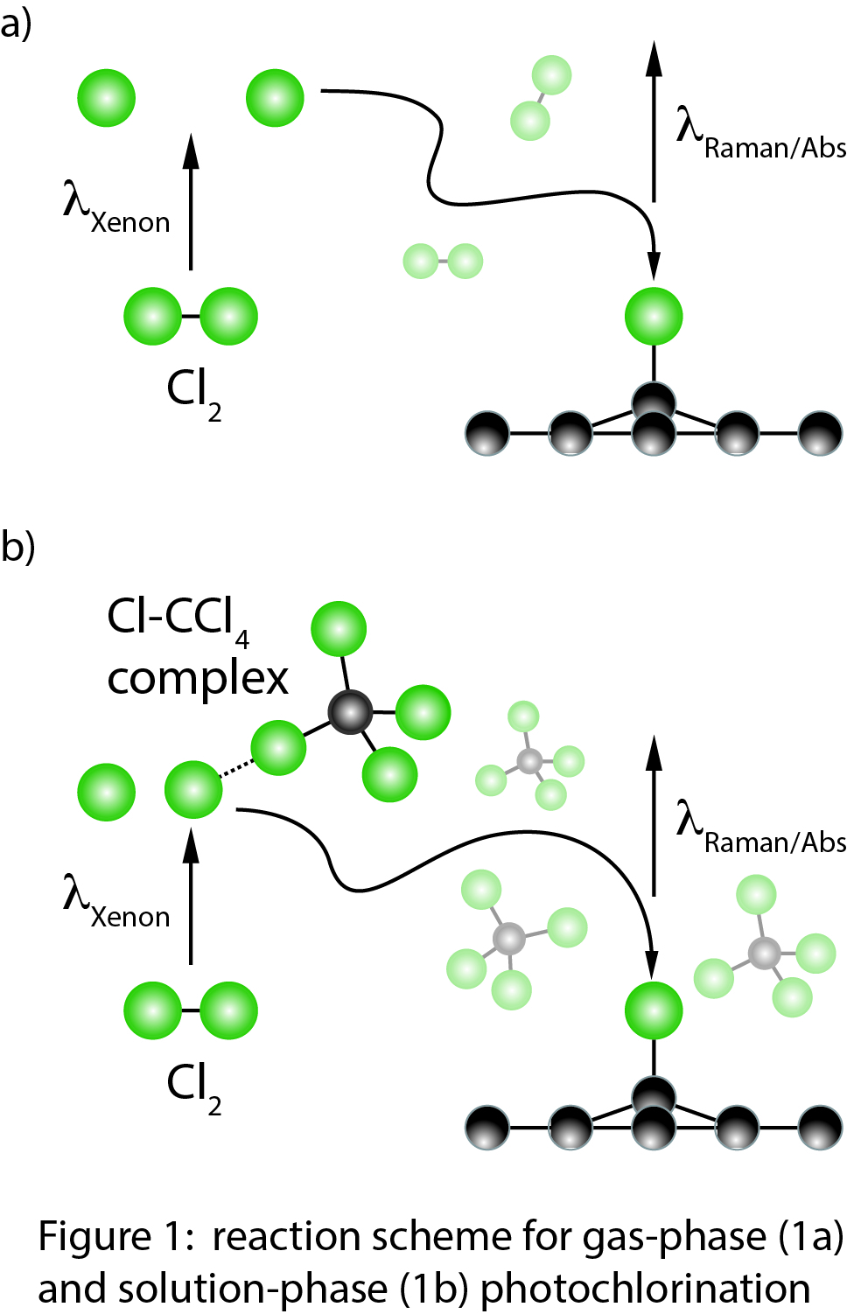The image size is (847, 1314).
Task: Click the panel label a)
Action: coord(15,24)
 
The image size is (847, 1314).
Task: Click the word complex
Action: coord(198,679)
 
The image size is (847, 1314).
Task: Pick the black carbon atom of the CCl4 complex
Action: coord(351,712)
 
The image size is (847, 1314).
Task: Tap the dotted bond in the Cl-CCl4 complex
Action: coord(235,769)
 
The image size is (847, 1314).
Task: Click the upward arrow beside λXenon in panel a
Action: coord(191,201)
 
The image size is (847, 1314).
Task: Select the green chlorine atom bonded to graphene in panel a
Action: coord(654,316)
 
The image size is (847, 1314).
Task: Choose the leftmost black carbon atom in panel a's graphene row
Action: coord(487,433)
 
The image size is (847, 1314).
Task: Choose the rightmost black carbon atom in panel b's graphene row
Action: coord(821,1128)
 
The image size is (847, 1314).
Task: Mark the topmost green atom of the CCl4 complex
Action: coord(339,629)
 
